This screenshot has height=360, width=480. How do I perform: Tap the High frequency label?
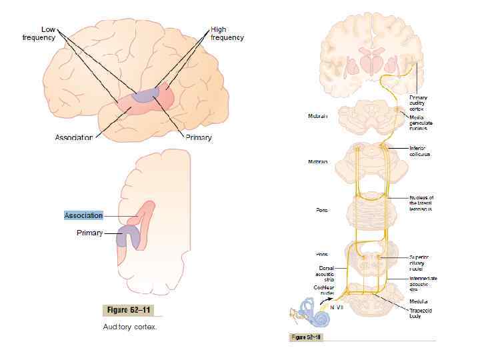coord(227,33)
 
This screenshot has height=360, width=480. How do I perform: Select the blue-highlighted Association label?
coord(83,215)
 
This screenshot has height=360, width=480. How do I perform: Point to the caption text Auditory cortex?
coord(129,327)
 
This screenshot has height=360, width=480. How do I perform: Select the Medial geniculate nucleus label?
coord(421,123)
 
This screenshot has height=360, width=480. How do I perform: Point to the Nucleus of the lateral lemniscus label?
coord(421,203)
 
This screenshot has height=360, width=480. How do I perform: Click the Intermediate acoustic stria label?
coord(423,284)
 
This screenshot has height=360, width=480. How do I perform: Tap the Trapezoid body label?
coord(420,313)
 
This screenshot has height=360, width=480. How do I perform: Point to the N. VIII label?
coord(336,307)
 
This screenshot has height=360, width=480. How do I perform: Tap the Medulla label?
coord(419,301)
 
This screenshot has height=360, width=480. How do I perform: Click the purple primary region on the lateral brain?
coord(145,95)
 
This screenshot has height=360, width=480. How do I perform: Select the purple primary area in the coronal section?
coord(126,237)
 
